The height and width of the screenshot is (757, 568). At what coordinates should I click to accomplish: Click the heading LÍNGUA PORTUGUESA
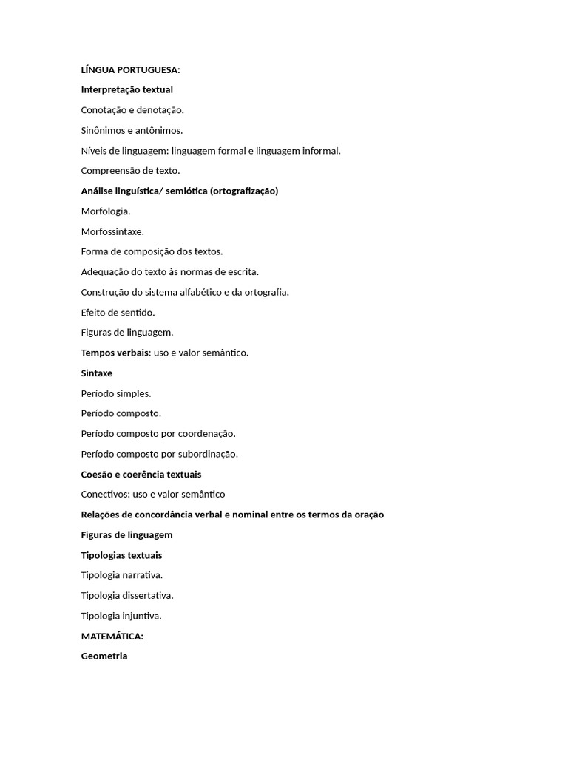click(130, 70)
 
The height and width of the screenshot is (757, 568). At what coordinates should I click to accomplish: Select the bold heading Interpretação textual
click(126, 90)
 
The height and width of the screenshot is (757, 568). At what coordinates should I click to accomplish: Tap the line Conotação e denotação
click(132, 110)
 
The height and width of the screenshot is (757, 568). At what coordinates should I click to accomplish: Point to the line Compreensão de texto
click(130, 171)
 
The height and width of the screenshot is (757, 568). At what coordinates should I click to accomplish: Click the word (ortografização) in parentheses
click(244, 191)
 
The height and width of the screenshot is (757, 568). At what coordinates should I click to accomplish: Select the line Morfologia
click(106, 211)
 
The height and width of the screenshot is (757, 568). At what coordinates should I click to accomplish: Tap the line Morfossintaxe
click(112, 232)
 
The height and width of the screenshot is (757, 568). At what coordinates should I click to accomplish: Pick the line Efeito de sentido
click(118, 313)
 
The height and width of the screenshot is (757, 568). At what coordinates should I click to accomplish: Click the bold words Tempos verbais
click(115, 353)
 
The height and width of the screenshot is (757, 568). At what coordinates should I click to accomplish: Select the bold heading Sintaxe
click(97, 373)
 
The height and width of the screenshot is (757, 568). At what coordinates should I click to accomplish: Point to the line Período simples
click(116, 394)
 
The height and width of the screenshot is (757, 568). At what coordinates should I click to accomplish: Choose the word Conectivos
click(104, 495)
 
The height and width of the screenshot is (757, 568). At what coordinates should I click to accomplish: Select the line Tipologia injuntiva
click(121, 616)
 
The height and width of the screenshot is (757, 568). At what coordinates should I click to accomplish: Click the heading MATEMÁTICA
click(112, 636)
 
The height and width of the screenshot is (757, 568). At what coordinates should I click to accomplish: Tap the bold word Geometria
click(104, 656)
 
